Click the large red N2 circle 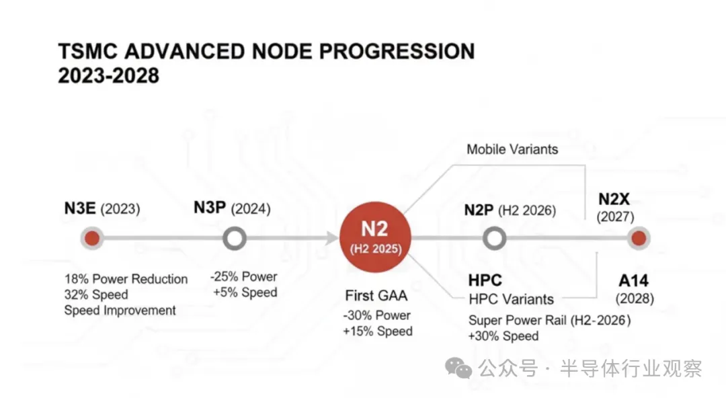[x=375, y=237]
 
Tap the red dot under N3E [x=92, y=238]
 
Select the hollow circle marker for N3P [x=235, y=239]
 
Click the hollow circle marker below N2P [x=494, y=239]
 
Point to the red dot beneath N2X [x=639, y=238]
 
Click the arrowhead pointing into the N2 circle [x=333, y=238]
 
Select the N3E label [x=80, y=208]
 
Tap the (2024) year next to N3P [x=251, y=208]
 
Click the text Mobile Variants [x=512, y=149]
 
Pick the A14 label [x=633, y=280]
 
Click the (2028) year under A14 [x=635, y=298]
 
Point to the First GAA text [x=376, y=296]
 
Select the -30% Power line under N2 [x=376, y=315]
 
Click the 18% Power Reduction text [x=126, y=279]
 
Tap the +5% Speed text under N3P [x=245, y=292]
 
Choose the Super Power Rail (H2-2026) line [x=550, y=320]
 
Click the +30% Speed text [x=503, y=336]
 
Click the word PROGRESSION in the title [x=397, y=51]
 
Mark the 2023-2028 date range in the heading [x=108, y=75]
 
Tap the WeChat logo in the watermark [x=458, y=368]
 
